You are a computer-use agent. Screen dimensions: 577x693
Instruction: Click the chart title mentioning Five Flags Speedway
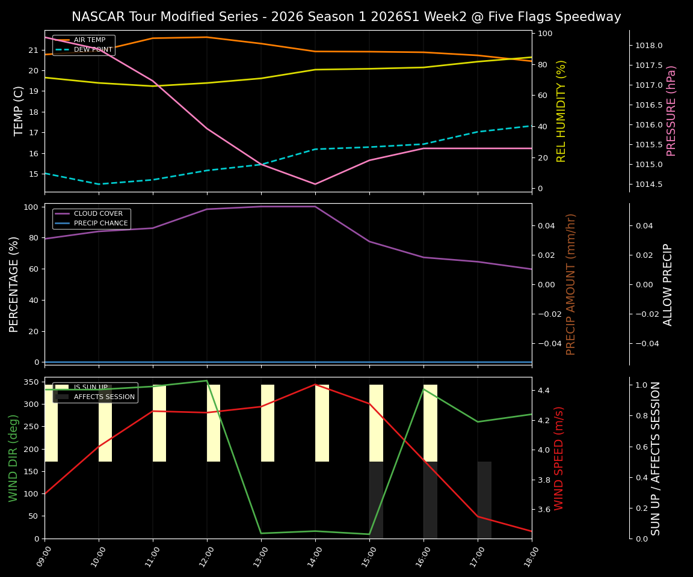tap(346, 17)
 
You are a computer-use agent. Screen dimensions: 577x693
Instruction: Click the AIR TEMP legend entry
tap(89, 40)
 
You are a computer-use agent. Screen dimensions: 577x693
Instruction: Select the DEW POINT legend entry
tap(93, 50)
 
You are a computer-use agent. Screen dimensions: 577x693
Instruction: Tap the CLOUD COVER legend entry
tap(97, 214)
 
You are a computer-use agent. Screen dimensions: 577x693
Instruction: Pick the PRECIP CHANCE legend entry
tap(100, 224)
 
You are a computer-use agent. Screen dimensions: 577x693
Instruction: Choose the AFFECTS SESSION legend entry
tap(103, 397)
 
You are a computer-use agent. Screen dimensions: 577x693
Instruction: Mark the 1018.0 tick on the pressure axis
tap(649, 46)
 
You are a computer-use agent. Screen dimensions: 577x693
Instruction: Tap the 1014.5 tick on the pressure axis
tap(649, 185)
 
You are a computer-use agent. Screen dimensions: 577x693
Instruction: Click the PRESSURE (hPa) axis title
tap(671, 111)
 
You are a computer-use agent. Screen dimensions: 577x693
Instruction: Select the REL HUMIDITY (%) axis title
tap(561, 111)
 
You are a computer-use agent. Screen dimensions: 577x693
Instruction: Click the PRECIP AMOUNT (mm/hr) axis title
tap(571, 284)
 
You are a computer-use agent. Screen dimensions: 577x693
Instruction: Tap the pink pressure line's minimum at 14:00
tap(315, 184)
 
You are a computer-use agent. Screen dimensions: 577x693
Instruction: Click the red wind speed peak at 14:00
tap(315, 385)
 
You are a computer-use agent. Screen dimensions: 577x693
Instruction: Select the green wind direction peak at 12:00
tap(207, 380)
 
